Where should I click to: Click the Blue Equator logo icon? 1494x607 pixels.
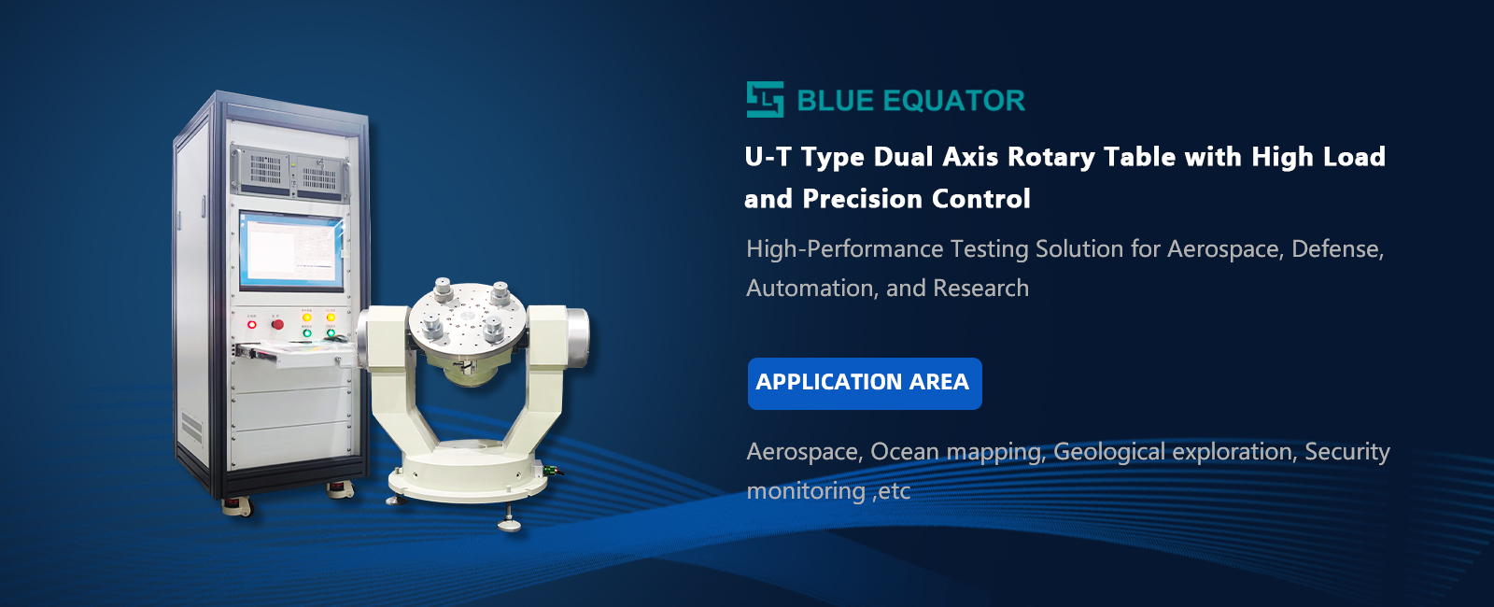765,99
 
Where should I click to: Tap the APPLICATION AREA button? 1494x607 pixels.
865,384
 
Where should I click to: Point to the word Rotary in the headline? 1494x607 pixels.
1050,158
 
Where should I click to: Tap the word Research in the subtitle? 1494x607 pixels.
980,289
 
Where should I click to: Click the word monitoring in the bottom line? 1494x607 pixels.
806,491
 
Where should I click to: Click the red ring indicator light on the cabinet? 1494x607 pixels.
251,325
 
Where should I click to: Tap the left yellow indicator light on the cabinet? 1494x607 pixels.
307,318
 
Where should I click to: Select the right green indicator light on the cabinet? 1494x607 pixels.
331,332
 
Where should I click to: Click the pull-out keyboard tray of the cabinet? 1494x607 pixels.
294,353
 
